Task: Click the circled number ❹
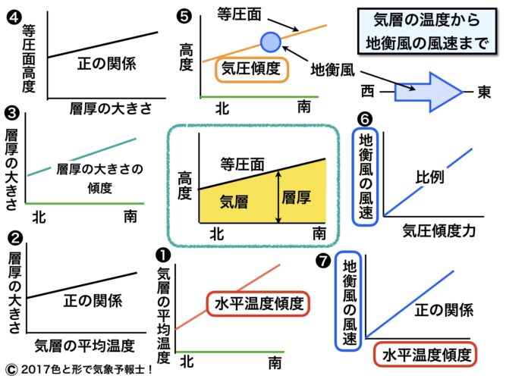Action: (11, 13)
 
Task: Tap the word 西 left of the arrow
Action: (368, 92)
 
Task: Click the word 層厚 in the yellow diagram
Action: (295, 197)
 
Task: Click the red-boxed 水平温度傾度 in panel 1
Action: (257, 305)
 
